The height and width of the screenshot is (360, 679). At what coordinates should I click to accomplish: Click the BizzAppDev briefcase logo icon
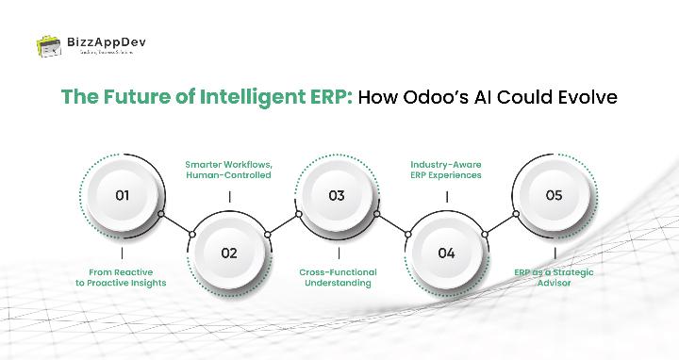(48, 45)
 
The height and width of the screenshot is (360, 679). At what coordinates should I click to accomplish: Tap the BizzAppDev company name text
(107, 41)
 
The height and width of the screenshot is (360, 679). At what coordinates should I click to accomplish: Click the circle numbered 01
(122, 196)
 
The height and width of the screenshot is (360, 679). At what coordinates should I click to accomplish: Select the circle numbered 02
(229, 252)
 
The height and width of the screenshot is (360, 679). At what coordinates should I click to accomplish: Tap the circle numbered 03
(337, 196)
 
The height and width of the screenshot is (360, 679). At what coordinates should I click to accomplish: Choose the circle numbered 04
(446, 252)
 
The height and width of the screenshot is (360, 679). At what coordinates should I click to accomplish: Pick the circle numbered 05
(554, 196)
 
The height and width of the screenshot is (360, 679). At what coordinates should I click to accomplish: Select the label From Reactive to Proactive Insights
(122, 278)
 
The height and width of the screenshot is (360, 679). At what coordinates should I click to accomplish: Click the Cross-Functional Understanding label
(337, 278)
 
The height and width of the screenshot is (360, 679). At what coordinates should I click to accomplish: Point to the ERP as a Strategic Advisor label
(555, 278)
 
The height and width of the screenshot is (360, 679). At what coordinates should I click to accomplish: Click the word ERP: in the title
(333, 97)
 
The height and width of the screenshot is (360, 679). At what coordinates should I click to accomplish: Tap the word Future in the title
(129, 97)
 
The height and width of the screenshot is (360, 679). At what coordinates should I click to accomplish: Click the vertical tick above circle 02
(229, 196)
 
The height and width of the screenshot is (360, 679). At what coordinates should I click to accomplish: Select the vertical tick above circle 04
(446, 196)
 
